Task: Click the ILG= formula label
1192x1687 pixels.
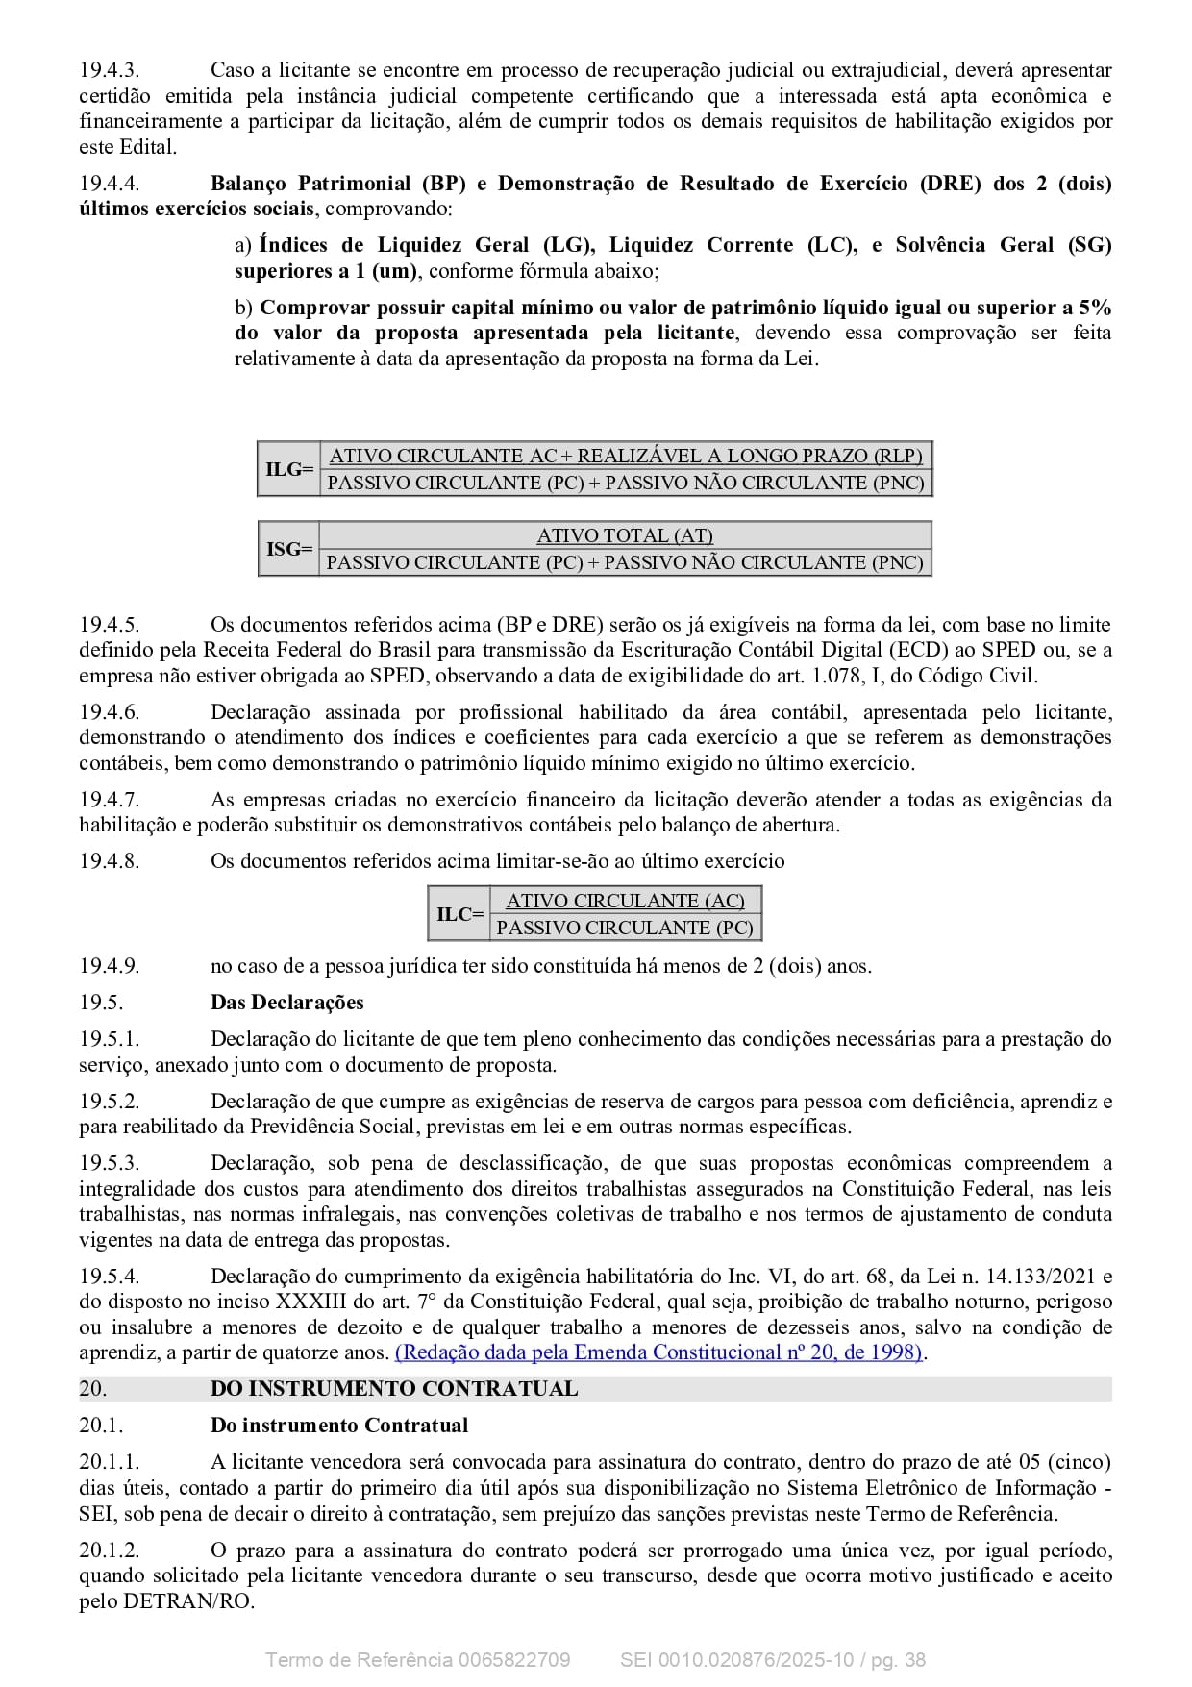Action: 289,469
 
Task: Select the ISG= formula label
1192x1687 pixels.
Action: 289,549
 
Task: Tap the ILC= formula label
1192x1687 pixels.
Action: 459,913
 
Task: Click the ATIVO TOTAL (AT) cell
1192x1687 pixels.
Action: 625,535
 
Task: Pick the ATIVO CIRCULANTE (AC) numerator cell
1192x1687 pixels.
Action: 625,901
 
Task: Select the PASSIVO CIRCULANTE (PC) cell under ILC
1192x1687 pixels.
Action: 625,928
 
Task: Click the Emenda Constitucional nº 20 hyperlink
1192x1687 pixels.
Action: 659,1352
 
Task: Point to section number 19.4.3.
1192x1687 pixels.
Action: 109,70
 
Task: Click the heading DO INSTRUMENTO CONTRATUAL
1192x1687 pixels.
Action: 394,1388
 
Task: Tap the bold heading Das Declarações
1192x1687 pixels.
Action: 286,1003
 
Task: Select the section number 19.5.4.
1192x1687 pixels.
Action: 109,1277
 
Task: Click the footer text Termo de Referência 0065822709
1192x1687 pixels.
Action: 417,1660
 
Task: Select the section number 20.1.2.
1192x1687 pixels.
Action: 109,1551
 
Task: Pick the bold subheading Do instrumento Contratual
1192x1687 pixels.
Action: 339,1426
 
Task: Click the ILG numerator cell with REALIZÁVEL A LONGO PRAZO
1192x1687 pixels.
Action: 626,456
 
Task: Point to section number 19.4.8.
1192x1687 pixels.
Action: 109,861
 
